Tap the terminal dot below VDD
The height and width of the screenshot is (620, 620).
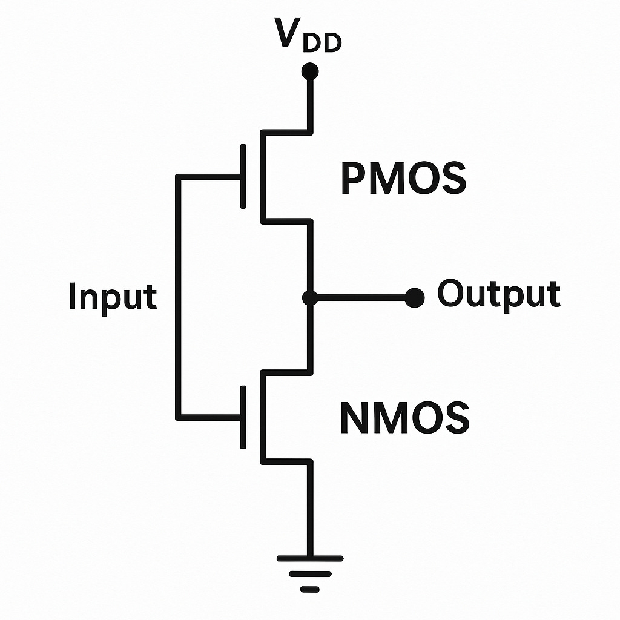(x=310, y=71)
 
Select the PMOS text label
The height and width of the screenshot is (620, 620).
(x=403, y=179)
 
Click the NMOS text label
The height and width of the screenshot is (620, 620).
(x=404, y=418)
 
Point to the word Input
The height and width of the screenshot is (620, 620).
(x=113, y=297)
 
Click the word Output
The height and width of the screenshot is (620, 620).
(x=499, y=295)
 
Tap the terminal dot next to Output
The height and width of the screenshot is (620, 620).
(x=414, y=297)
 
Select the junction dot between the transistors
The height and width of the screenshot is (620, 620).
(x=310, y=297)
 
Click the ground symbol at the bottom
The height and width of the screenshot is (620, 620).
(x=310, y=573)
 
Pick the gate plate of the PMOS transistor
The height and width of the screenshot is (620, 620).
(x=243, y=176)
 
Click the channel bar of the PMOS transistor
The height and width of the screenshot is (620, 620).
(x=262, y=176)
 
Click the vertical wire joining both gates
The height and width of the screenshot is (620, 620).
(x=177, y=297)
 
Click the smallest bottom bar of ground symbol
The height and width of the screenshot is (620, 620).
(x=310, y=589)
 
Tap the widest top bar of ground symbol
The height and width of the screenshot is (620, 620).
(x=310, y=558)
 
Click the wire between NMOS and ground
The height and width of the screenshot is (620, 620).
(x=310, y=509)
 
